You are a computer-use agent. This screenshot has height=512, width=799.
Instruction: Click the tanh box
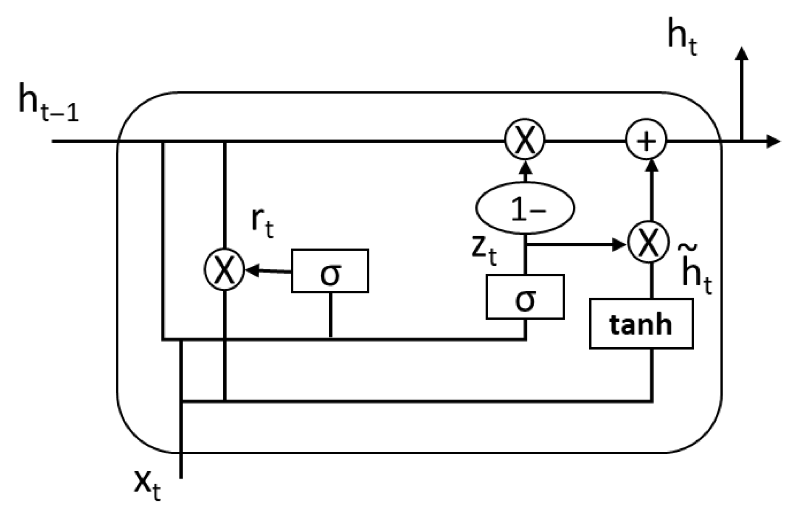641,324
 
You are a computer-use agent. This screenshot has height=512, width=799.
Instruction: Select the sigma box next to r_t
330,271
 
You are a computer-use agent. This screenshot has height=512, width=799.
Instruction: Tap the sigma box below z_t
525,297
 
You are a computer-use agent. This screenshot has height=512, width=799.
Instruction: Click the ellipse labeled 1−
525,208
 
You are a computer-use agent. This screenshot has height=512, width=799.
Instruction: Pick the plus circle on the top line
646,141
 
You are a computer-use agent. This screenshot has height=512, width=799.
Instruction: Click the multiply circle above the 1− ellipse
525,141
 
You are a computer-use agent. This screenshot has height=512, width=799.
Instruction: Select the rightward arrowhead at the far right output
774,141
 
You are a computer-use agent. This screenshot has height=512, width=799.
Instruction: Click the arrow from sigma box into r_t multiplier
267,270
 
